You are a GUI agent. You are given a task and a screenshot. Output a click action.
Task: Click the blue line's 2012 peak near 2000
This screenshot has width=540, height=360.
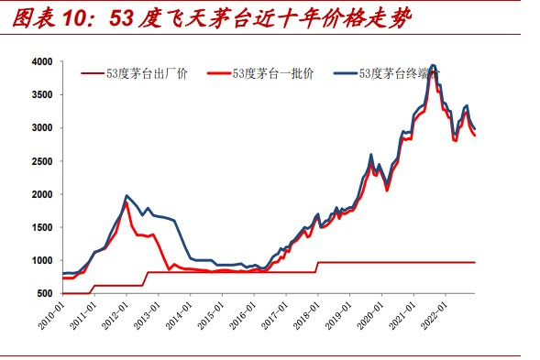tap(126, 196)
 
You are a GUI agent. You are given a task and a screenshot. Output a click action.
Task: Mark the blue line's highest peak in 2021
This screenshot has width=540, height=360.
tap(432, 66)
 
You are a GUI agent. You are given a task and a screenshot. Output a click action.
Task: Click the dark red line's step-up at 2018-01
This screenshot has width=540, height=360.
tap(317, 267)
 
